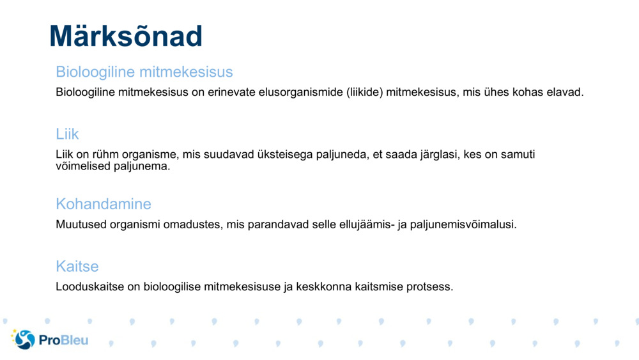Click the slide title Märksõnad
pos(126,36)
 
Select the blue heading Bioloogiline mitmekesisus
pos(144,72)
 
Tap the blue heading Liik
pos(67,134)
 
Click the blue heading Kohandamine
pos(104,204)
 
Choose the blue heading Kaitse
pos(77,266)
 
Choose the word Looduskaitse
pos(89,286)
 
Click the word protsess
pos(430,286)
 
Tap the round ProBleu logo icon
pos(24,340)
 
